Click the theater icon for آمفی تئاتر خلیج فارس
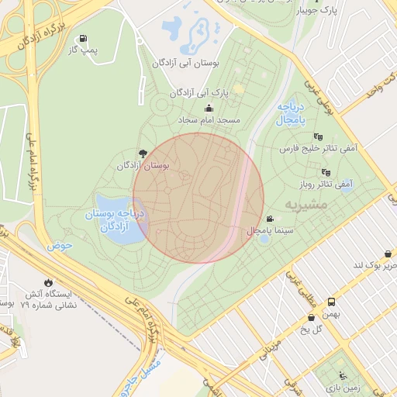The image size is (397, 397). coord(319,136)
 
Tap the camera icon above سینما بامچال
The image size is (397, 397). coord(270,219)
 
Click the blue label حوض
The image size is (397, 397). coord(59,246)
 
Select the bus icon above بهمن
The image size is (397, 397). coord(332,301)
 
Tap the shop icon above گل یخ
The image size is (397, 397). coord(312,316)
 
